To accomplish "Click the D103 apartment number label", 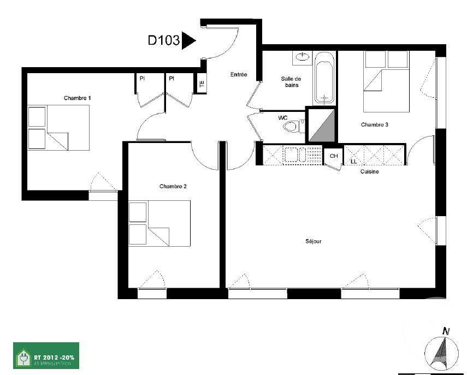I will pyautogui.click(x=164, y=40).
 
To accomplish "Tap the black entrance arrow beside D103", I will pyautogui.click(x=188, y=40).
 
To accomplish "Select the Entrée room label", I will pyautogui.click(x=238, y=75).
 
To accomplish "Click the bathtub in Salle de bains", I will pyautogui.click(x=324, y=78).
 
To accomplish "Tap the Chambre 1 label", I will pyautogui.click(x=77, y=98).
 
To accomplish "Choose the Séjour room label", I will pyautogui.click(x=313, y=241).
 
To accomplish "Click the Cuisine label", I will pyautogui.click(x=369, y=171).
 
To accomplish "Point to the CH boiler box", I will pyautogui.click(x=334, y=157).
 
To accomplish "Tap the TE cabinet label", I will pyautogui.click(x=201, y=84).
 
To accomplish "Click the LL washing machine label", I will pyautogui.click(x=353, y=162).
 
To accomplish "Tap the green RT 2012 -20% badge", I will pyautogui.click(x=46, y=355).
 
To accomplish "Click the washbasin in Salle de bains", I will pyautogui.click(x=302, y=56).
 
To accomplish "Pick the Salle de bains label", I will pyautogui.click(x=291, y=82).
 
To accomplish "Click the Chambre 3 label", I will pyautogui.click(x=374, y=125).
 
